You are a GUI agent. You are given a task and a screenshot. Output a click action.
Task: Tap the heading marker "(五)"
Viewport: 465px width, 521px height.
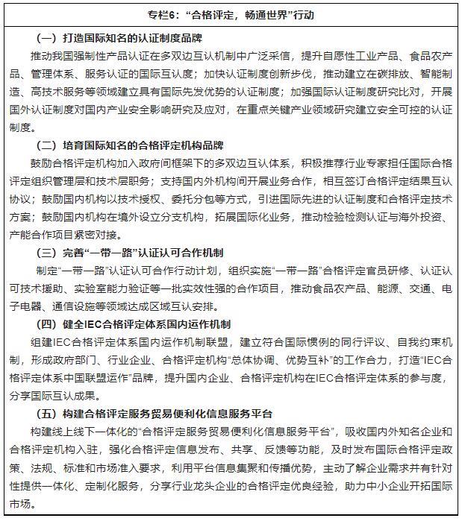pyautogui.click(x=47, y=414)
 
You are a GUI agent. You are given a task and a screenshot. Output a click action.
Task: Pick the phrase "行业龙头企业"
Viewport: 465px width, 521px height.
pyautogui.click(x=213, y=485)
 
